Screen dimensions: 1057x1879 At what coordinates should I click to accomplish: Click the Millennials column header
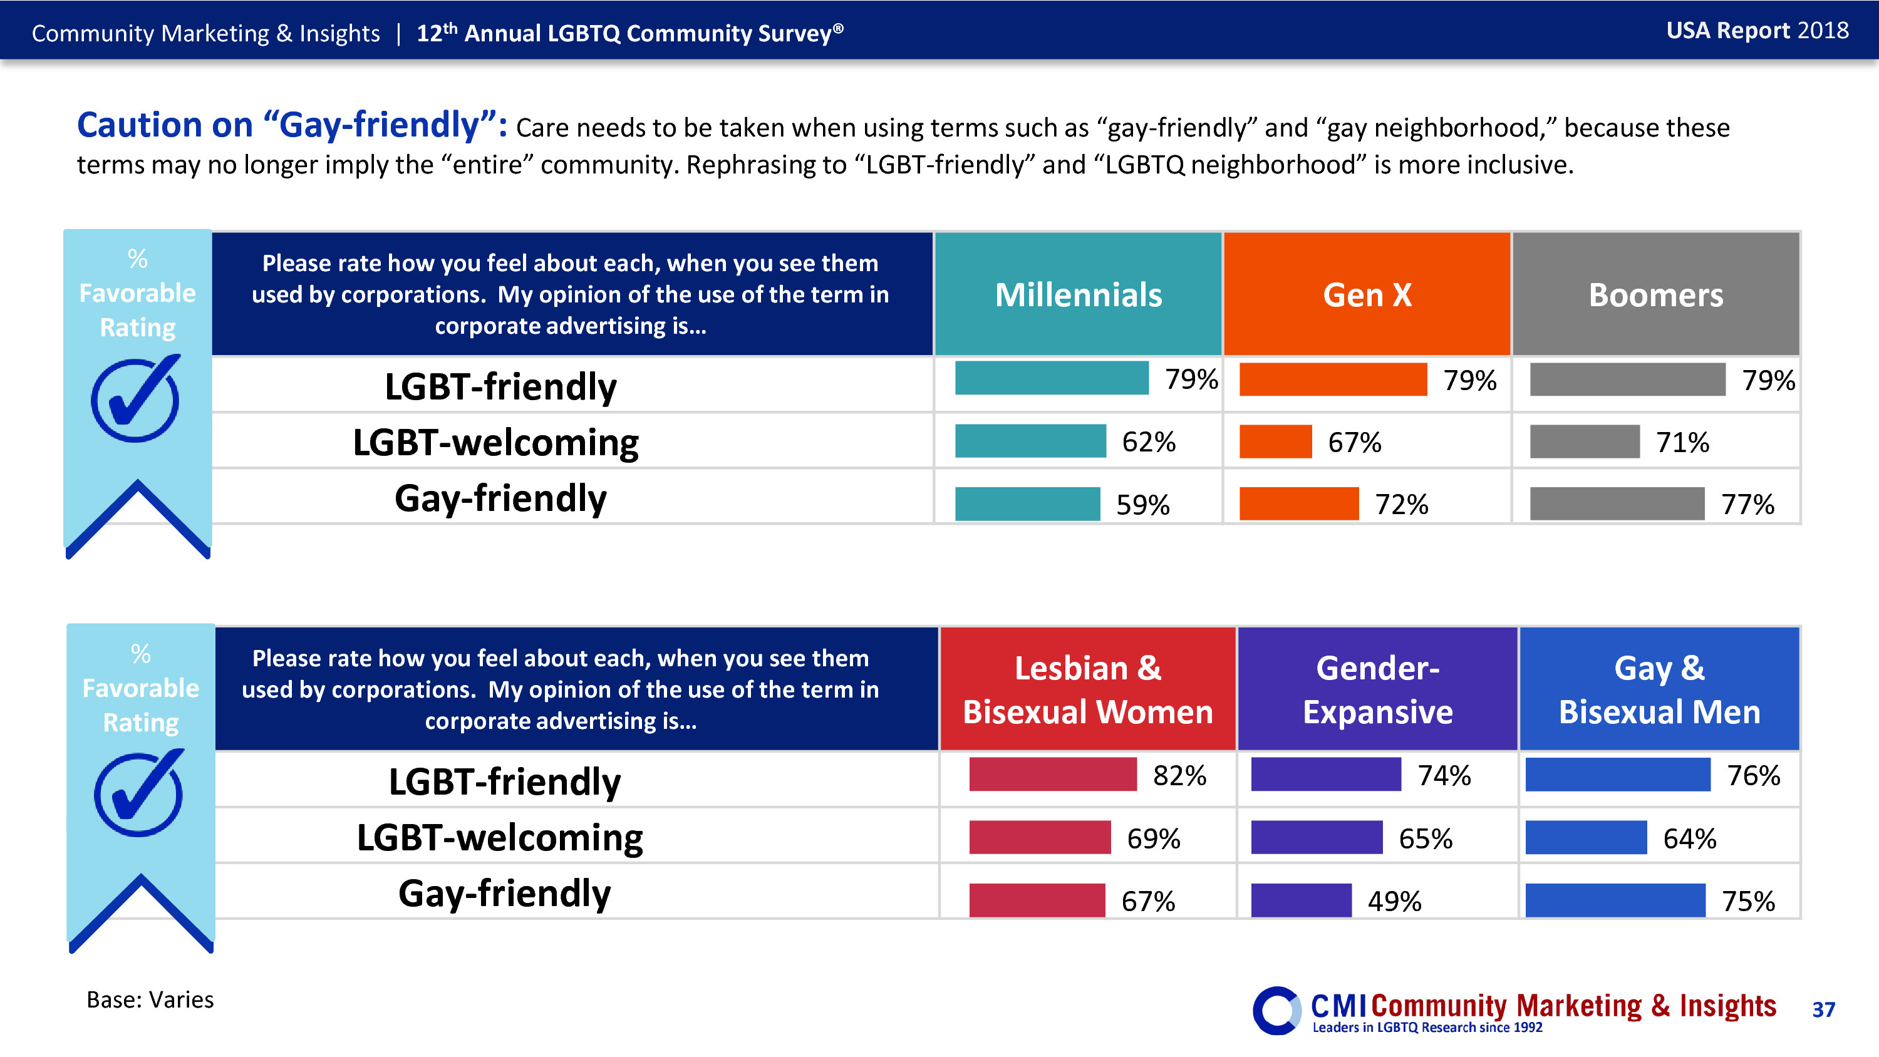tap(1077, 295)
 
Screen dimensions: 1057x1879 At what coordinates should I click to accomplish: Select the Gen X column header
tap(1367, 295)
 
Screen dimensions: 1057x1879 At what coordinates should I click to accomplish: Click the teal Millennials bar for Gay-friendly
tap(1027, 504)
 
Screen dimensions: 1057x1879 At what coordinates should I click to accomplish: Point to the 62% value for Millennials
tap(1148, 442)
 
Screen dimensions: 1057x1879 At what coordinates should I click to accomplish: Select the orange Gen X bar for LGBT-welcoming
tap(1275, 442)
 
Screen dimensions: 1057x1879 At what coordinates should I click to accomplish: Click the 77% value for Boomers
tap(1747, 504)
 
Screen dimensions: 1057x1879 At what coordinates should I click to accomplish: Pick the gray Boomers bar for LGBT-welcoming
tap(1585, 442)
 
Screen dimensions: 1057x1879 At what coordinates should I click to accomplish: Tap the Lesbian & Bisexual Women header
tap(1087, 689)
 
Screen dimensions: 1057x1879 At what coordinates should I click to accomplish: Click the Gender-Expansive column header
tap(1377, 689)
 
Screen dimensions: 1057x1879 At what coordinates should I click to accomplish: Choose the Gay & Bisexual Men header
tap(1659, 689)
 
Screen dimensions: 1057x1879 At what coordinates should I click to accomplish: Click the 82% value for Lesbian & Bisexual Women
tap(1179, 775)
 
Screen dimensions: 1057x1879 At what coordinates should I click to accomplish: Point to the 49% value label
tap(1394, 902)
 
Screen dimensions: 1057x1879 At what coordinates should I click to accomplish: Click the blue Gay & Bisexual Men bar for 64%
tap(1586, 837)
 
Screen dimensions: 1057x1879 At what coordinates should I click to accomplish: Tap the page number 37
tap(1823, 1009)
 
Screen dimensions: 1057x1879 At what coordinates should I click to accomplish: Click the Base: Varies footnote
tap(150, 999)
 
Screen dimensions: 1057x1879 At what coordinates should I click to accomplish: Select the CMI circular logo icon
tap(1276, 1010)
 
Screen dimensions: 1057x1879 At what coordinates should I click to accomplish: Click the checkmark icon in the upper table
tap(136, 398)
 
